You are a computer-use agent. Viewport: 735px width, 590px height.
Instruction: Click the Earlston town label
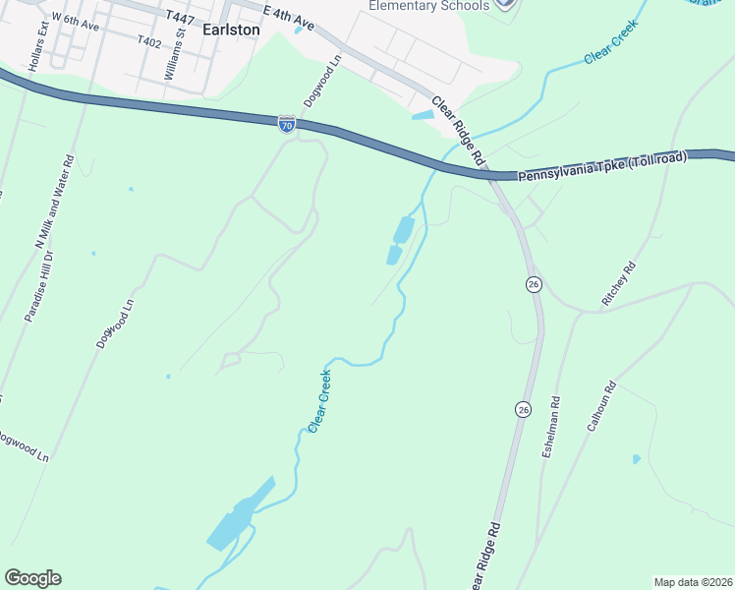coord(231,29)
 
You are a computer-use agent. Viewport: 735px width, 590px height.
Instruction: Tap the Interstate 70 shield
coord(286,124)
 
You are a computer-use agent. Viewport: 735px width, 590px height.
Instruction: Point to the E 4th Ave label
coord(288,16)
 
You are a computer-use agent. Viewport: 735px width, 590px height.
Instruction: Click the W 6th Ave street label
coord(76,22)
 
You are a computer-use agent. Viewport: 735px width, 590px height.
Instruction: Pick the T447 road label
coord(181,18)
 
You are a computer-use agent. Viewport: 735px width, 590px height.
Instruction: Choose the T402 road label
coord(149,41)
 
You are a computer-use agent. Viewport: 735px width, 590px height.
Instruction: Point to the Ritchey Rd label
coord(618,283)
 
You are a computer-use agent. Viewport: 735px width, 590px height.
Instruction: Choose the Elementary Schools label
coord(428,6)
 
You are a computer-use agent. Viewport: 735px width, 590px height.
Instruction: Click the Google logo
coord(32,578)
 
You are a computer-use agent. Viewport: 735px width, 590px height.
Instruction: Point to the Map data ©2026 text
coord(693,582)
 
